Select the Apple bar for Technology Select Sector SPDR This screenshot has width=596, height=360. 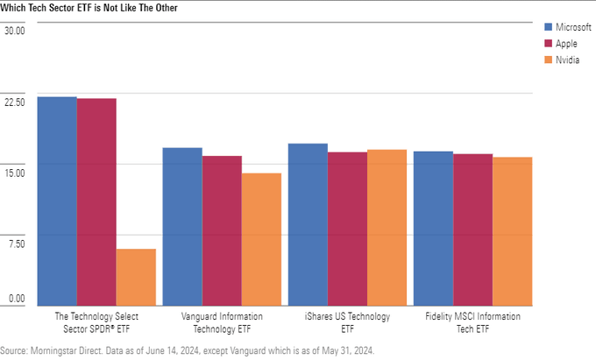(x=96, y=201)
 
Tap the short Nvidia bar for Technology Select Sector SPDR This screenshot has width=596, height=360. (x=136, y=276)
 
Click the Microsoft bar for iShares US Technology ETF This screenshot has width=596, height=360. (x=308, y=223)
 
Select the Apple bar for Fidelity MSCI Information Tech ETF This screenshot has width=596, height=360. (x=472, y=229)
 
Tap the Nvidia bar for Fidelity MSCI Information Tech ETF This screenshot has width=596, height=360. (x=512, y=230)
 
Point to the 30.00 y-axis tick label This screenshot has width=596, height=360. (x=15, y=30)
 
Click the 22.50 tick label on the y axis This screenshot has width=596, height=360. (x=15, y=101)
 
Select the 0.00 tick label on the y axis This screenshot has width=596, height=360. (x=17, y=299)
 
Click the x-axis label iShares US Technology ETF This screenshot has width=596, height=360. (x=347, y=321)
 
